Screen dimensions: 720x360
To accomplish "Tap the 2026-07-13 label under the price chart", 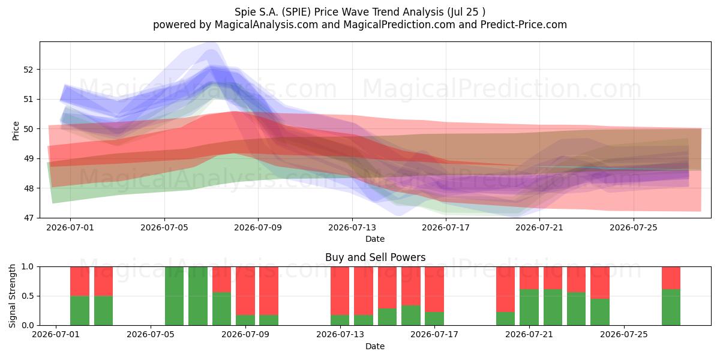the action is (x=352, y=227).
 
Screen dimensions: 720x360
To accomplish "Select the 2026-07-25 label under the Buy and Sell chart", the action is (x=624, y=334).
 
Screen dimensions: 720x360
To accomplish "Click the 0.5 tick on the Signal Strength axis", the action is (x=28, y=296).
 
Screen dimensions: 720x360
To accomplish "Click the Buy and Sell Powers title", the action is (x=375, y=257).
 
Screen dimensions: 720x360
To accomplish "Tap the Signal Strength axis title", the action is (x=12, y=296).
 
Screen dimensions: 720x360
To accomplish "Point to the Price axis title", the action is (x=16, y=131).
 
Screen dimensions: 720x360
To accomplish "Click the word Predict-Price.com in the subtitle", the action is (x=524, y=25).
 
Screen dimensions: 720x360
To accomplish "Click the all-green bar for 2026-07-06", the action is (x=174, y=296).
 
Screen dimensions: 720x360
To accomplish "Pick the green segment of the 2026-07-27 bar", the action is (x=671, y=307).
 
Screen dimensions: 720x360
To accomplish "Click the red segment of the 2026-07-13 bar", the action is (x=340, y=290).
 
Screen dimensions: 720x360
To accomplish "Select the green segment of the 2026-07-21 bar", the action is (x=529, y=307).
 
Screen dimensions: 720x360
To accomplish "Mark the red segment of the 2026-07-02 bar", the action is (x=80, y=281).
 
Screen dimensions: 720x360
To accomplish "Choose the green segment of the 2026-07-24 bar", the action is (x=600, y=312).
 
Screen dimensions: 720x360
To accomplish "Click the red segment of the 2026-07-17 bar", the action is (x=434, y=289).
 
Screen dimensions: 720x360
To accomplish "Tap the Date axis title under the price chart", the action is (x=375, y=239).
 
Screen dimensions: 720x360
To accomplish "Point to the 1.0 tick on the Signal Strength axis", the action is (x=28, y=266).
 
